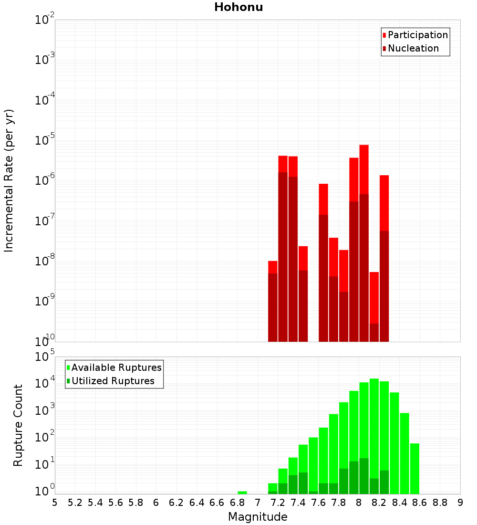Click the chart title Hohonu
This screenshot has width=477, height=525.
(238, 7)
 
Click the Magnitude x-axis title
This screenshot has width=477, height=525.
(258, 517)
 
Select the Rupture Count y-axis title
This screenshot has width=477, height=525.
(18, 425)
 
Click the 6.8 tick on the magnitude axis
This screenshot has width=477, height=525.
(237, 503)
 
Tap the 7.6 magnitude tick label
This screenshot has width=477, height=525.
(318, 503)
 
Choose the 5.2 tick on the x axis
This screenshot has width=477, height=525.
(75, 503)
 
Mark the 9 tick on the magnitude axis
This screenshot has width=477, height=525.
(460, 503)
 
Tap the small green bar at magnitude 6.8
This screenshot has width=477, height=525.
(242, 493)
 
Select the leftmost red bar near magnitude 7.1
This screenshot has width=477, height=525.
(273, 301)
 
